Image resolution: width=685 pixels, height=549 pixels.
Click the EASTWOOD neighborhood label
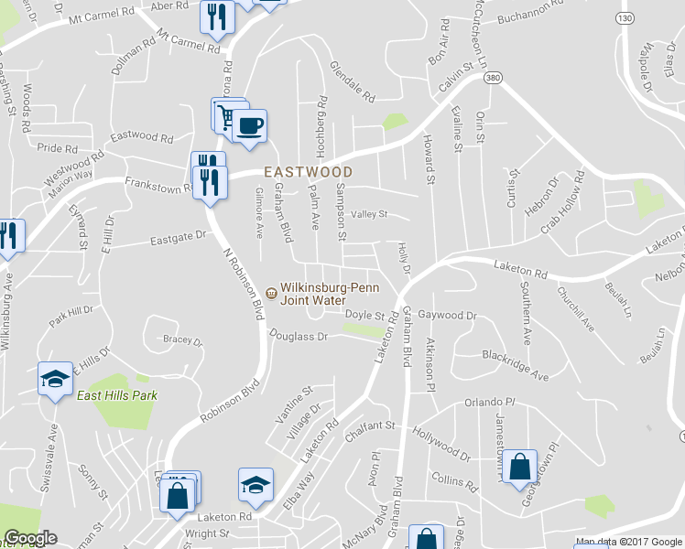click(x=308, y=171)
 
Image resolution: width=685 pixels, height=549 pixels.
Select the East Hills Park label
click(x=117, y=395)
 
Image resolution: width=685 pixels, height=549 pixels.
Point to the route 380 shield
click(x=493, y=79)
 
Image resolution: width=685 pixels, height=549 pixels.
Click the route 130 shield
click(x=625, y=18)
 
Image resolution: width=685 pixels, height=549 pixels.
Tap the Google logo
click(x=29, y=538)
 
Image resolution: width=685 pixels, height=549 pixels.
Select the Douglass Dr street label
click(x=298, y=336)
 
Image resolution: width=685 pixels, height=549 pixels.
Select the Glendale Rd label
click(x=353, y=81)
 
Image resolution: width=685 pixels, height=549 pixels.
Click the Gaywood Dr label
click(x=447, y=315)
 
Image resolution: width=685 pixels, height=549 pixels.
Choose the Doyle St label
click(x=363, y=315)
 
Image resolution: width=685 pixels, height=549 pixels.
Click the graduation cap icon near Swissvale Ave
click(x=55, y=379)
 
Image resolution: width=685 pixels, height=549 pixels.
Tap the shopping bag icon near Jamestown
click(x=519, y=466)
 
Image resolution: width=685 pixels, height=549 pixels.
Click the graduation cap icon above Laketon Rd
click(x=256, y=484)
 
